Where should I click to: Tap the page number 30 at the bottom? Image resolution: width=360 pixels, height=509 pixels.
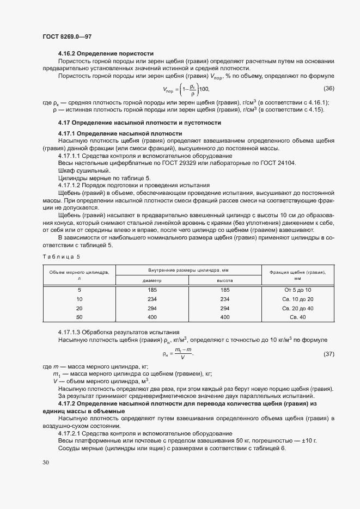coord(46,462)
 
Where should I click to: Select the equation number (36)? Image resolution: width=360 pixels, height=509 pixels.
coord(328,89)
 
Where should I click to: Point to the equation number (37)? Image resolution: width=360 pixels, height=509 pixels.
coord(328,354)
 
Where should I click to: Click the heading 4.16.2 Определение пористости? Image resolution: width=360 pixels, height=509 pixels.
coord(106,53)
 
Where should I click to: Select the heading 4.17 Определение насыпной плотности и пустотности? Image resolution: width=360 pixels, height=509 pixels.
coord(139,122)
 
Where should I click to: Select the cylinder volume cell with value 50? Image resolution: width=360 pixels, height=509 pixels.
coord(80,317)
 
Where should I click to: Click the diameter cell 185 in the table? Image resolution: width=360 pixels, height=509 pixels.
coord(152,290)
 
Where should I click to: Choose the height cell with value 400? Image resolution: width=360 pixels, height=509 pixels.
coord(224,317)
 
